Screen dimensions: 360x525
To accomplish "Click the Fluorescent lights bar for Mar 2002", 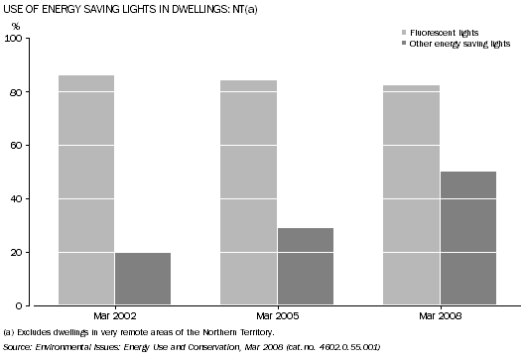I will tap(86, 189).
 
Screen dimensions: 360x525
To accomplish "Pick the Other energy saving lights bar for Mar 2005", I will tap(305, 266).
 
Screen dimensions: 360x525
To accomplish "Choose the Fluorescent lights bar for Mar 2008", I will tap(411, 194).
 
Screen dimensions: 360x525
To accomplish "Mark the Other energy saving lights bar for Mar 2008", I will tap(467, 238).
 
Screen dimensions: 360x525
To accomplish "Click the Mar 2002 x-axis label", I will tap(114, 316).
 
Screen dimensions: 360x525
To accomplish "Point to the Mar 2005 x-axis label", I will tap(277, 316).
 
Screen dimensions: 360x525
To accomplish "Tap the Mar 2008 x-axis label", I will tap(439, 316).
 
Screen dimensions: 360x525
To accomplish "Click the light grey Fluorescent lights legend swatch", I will tap(389, 33).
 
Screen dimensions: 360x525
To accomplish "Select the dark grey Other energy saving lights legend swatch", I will tap(389, 44).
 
